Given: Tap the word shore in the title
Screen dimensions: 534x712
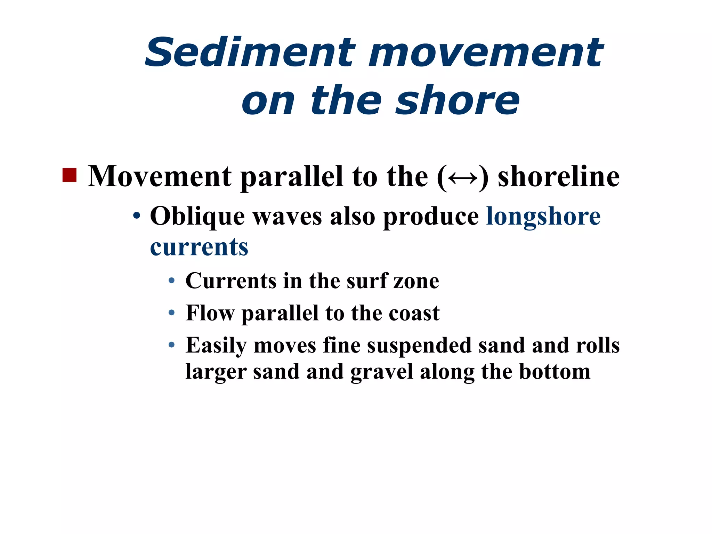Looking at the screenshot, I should [458, 100].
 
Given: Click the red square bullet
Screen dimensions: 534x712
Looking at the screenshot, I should [69, 175].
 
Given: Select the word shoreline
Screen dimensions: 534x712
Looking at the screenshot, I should [558, 177].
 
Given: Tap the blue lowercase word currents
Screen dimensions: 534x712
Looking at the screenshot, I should [199, 247].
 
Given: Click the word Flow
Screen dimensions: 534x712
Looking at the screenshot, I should [210, 313].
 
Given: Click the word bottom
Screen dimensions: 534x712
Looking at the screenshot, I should [555, 371].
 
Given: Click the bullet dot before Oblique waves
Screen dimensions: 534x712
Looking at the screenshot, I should [137, 216].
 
